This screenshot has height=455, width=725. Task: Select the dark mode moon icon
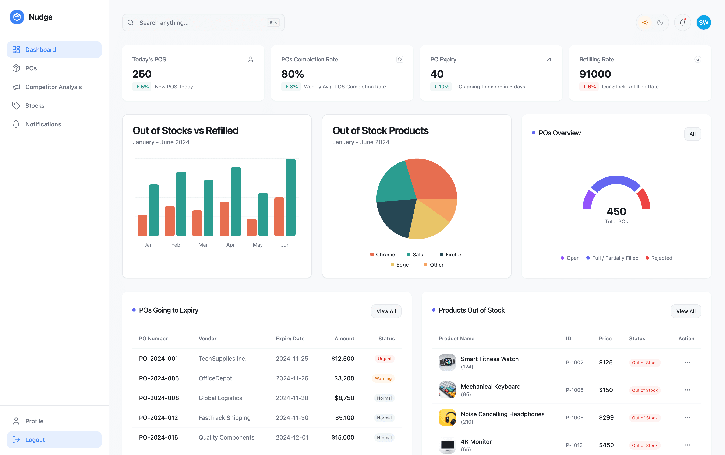[x=660, y=22]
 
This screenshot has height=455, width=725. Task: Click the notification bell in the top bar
[x=682, y=22]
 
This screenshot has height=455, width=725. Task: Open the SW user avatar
[x=703, y=22]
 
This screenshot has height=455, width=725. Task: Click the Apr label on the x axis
[x=230, y=245]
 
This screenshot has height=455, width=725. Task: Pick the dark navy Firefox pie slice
[x=394, y=217]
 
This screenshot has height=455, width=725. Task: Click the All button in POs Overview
[x=692, y=134]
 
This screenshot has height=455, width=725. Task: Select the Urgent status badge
[x=385, y=359]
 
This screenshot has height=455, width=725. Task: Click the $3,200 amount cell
[x=344, y=378]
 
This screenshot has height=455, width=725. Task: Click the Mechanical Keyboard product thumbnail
[x=447, y=390]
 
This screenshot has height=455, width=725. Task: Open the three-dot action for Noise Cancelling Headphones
[x=687, y=417]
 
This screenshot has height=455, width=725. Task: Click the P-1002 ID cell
[x=574, y=362]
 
